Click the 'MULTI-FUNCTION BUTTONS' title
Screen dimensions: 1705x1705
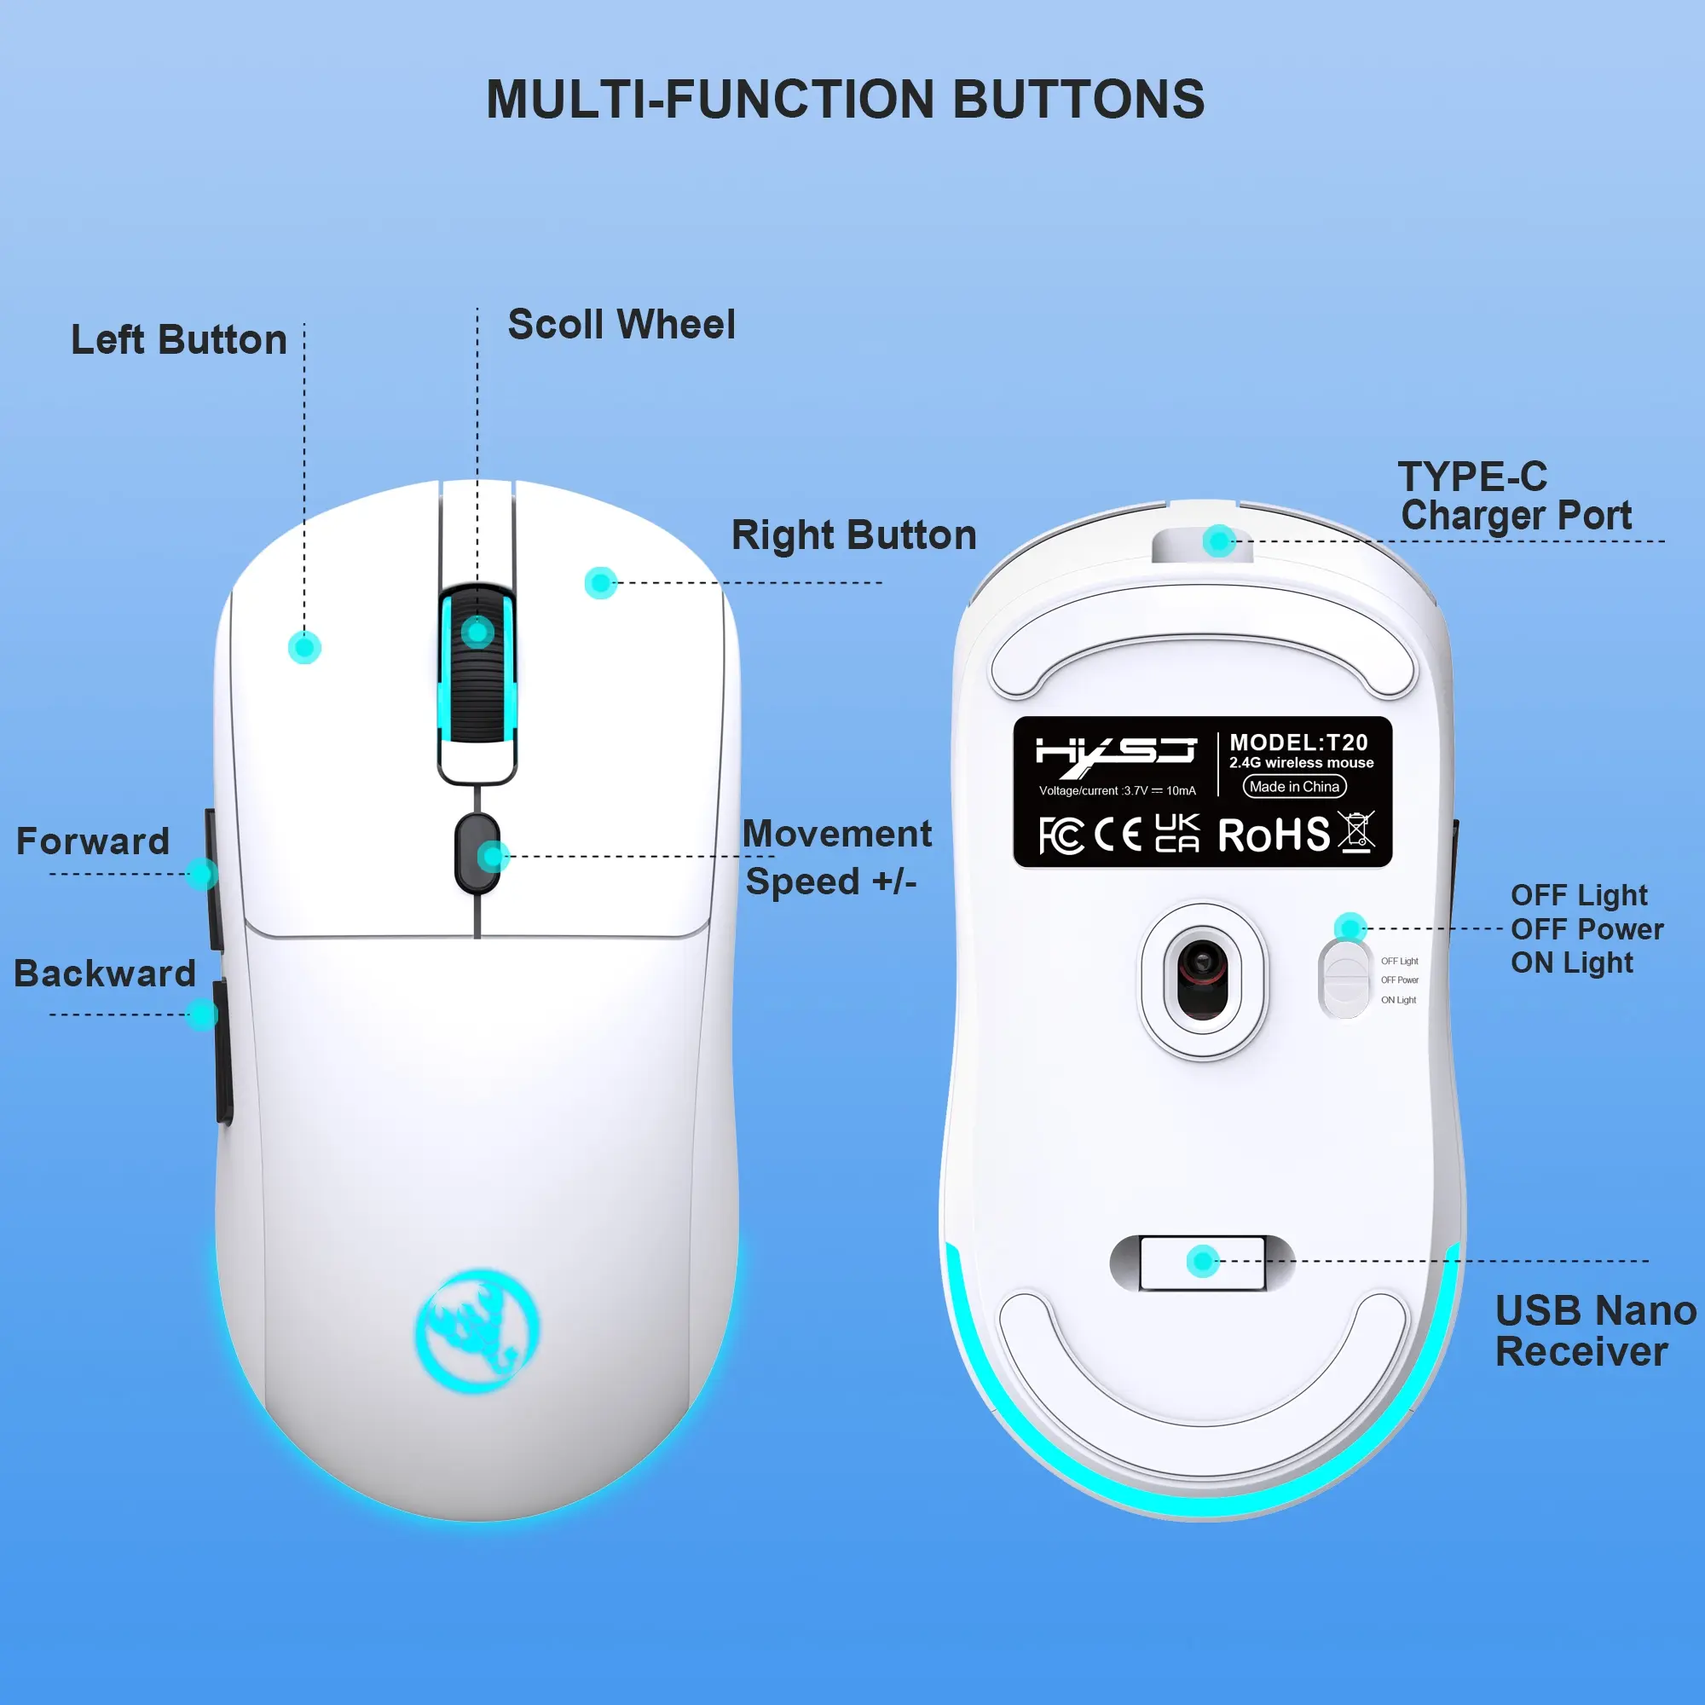coord(846,99)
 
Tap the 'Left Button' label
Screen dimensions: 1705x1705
coord(179,340)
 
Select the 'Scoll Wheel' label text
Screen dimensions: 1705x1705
coord(621,325)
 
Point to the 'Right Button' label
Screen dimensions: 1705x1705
coord(853,535)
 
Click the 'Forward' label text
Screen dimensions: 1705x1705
coord(93,841)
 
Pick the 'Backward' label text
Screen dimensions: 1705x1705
coord(105,973)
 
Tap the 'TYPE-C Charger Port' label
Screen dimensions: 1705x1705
coord(1515,496)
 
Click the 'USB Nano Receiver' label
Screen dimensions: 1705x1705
coord(1595,1331)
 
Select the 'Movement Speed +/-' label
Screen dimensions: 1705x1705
coord(835,857)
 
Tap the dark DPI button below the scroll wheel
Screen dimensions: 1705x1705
coord(477,853)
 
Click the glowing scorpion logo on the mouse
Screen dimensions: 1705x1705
coord(477,1332)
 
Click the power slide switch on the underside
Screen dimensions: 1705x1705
coord(1345,979)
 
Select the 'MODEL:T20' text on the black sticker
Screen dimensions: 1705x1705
coord(1298,743)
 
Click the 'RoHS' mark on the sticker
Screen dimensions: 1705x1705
coord(1274,835)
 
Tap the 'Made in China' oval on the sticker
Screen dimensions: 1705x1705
coord(1295,786)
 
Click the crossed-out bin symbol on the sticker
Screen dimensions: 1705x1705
coord(1355,832)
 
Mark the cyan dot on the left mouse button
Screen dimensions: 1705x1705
coord(304,647)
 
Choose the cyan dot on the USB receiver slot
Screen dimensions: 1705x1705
coord(1202,1261)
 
